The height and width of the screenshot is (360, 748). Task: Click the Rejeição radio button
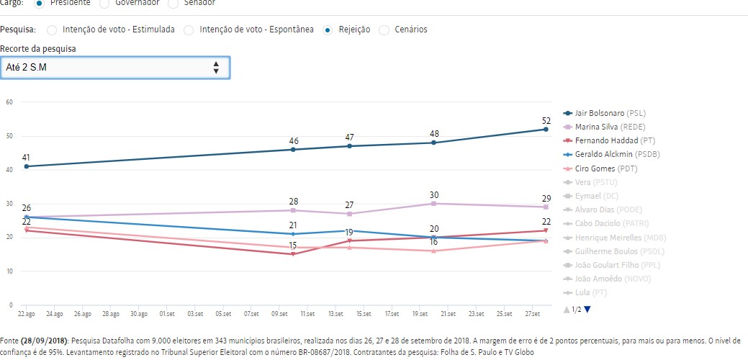328,30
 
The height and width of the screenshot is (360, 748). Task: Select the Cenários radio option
384,30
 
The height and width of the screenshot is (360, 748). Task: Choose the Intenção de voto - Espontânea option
189,30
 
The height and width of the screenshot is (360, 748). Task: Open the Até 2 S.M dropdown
115,68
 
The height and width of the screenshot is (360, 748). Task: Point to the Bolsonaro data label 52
546,120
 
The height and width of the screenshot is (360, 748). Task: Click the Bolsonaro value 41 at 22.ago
26,158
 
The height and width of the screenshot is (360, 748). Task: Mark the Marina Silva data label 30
434,194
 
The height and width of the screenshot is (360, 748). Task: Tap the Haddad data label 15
293,246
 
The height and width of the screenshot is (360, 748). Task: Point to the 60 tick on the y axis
9,102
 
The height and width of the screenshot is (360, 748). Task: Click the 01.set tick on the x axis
166,314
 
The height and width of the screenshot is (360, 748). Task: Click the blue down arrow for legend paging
587,309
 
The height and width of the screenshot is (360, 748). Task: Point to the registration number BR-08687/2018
312,354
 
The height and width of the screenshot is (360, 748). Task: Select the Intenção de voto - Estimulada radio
51,30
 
